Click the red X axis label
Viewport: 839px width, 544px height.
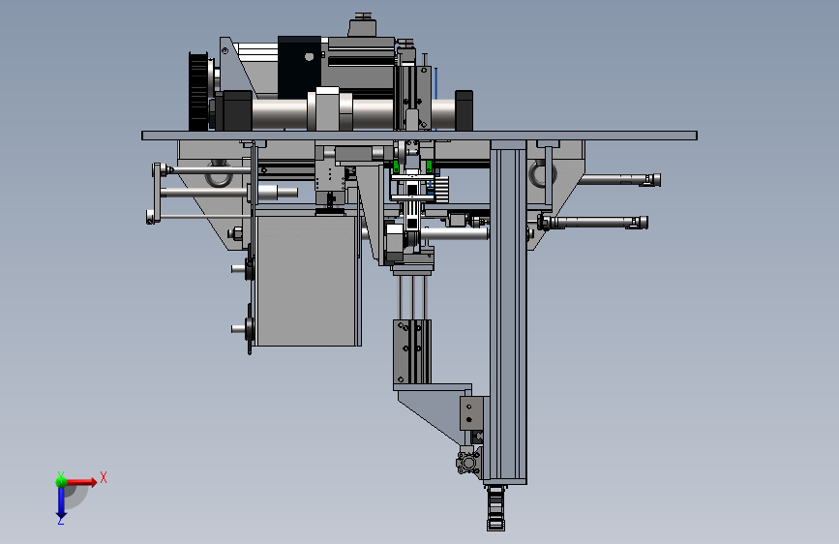coord(104,477)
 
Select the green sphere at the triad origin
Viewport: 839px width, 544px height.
coord(62,481)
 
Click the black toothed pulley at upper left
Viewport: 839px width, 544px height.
coord(198,91)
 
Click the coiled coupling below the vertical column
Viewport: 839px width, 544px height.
coord(496,507)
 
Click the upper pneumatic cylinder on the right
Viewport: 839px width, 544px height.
coord(620,179)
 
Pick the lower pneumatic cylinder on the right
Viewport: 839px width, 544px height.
coord(593,223)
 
